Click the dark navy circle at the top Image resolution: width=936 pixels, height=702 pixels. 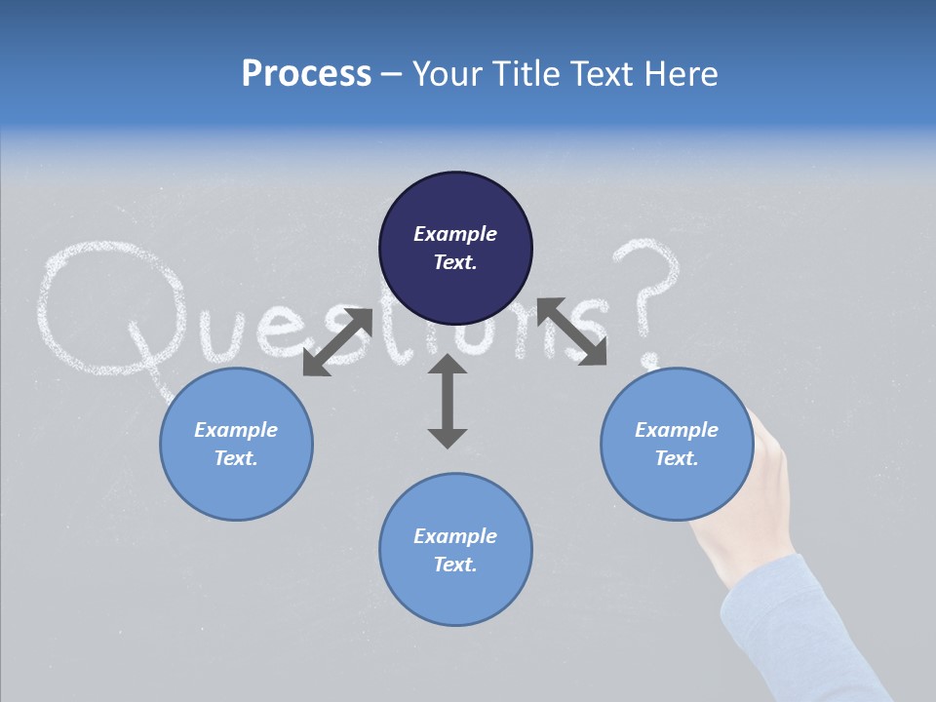pyautogui.click(x=455, y=248)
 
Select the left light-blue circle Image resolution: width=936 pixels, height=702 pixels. pyautogui.click(x=236, y=444)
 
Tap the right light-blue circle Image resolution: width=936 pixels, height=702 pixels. pyautogui.click(x=677, y=444)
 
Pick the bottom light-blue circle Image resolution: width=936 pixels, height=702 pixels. pyautogui.click(x=455, y=550)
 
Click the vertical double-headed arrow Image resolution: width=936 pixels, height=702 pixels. pyautogui.click(x=448, y=401)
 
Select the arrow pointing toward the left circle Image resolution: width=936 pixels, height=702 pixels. pyautogui.click(x=337, y=342)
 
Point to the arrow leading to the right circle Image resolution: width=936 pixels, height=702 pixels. pyautogui.click(x=572, y=331)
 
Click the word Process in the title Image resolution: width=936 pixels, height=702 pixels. pyautogui.click(x=306, y=73)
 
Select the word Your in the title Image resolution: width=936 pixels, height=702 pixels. pyautogui.click(x=449, y=73)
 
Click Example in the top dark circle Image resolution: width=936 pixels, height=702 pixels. pyautogui.click(x=455, y=234)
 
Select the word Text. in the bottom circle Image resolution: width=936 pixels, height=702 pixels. pyautogui.click(x=455, y=565)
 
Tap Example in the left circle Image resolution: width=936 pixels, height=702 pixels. pyautogui.click(x=236, y=430)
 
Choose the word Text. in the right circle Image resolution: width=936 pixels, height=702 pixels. pyautogui.click(x=677, y=458)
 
